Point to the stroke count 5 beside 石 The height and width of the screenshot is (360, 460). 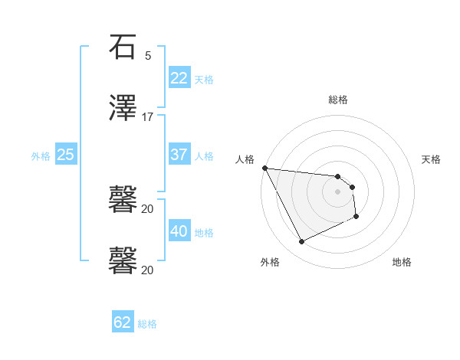click(x=148, y=55)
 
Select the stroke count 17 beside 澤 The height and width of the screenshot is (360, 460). click(x=147, y=117)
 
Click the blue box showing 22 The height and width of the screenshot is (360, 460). click(x=179, y=78)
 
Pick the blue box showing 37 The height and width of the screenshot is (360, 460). click(x=179, y=155)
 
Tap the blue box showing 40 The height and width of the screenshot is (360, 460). click(x=179, y=231)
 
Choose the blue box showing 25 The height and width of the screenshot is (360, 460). click(x=66, y=155)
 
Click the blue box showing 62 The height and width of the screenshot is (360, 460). click(x=123, y=322)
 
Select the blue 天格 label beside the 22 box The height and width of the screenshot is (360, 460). click(x=204, y=80)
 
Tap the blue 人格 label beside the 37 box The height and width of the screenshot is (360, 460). click(x=204, y=156)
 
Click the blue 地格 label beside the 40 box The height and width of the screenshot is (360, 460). click(x=204, y=233)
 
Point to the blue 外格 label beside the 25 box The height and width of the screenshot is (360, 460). click(x=41, y=156)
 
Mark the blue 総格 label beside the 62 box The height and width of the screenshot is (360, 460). click(x=147, y=324)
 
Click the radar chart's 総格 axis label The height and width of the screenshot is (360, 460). click(x=338, y=100)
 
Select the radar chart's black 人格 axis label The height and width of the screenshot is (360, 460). click(x=245, y=159)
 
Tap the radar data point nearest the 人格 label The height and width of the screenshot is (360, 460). click(x=264, y=168)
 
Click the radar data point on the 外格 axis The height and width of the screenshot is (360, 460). click(x=301, y=242)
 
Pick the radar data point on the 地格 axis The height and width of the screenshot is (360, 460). click(x=356, y=218)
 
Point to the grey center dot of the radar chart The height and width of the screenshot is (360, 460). click(x=338, y=191)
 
